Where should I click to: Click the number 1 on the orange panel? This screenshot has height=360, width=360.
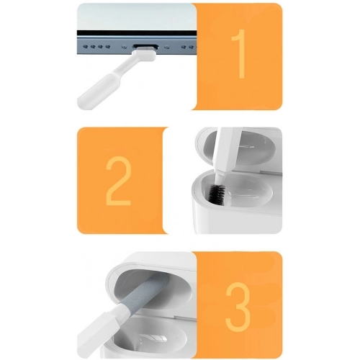point(241,54)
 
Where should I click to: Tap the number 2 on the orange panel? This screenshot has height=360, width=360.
point(119,180)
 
